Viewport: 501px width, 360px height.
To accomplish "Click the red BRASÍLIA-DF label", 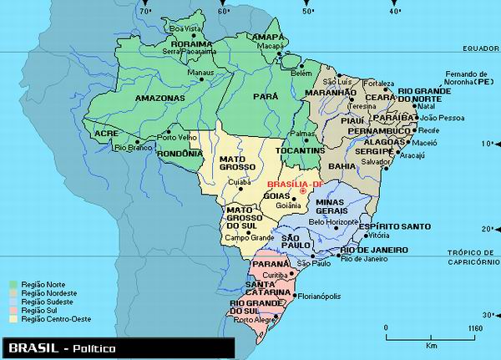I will coord(294,183).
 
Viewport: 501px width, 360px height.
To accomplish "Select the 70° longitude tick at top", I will coord(145,11).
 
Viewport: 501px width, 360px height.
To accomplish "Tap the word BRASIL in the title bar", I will coord(31,347).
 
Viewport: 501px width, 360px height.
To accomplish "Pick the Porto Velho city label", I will coord(185,138).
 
